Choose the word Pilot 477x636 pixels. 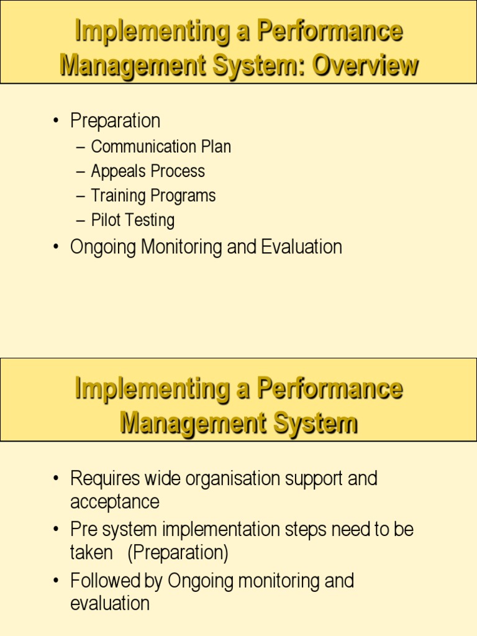pos(106,220)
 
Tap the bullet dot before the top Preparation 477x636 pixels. pos(57,120)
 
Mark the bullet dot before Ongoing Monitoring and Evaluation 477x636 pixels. pos(57,247)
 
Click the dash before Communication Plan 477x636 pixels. pos(80,147)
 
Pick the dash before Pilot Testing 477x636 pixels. pos(80,220)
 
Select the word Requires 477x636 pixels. pos(105,479)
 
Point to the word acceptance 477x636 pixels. pos(114,502)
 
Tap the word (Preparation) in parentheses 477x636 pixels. pos(178,553)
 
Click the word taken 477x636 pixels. pos(91,553)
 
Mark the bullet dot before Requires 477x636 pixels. pos(57,479)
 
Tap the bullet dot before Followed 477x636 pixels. pos(57,581)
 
